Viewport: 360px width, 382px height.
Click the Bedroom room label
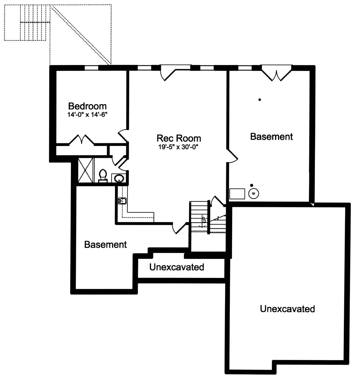(x=87, y=106)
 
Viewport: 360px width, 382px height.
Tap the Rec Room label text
(x=179, y=138)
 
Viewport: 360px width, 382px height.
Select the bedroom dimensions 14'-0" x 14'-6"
(x=87, y=115)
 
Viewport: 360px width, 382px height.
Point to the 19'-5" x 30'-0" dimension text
(x=178, y=147)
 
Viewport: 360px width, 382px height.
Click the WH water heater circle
(x=254, y=194)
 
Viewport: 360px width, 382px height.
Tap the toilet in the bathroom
(x=103, y=176)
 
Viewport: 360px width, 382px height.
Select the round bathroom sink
(x=119, y=178)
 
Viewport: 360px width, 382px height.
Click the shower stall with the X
(x=85, y=170)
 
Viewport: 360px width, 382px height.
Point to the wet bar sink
(x=122, y=201)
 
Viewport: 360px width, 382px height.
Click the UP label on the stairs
(x=204, y=220)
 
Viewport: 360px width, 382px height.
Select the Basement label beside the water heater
(x=271, y=137)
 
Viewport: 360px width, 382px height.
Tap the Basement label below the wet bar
(x=105, y=245)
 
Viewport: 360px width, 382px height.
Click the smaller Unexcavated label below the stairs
(x=177, y=267)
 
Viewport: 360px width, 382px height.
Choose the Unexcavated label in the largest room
(x=287, y=309)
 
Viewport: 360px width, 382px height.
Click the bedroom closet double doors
(x=82, y=139)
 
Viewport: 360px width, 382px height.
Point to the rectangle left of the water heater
(x=237, y=194)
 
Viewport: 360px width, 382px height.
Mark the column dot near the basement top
(x=260, y=100)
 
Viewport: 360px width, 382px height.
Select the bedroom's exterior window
(x=92, y=68)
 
